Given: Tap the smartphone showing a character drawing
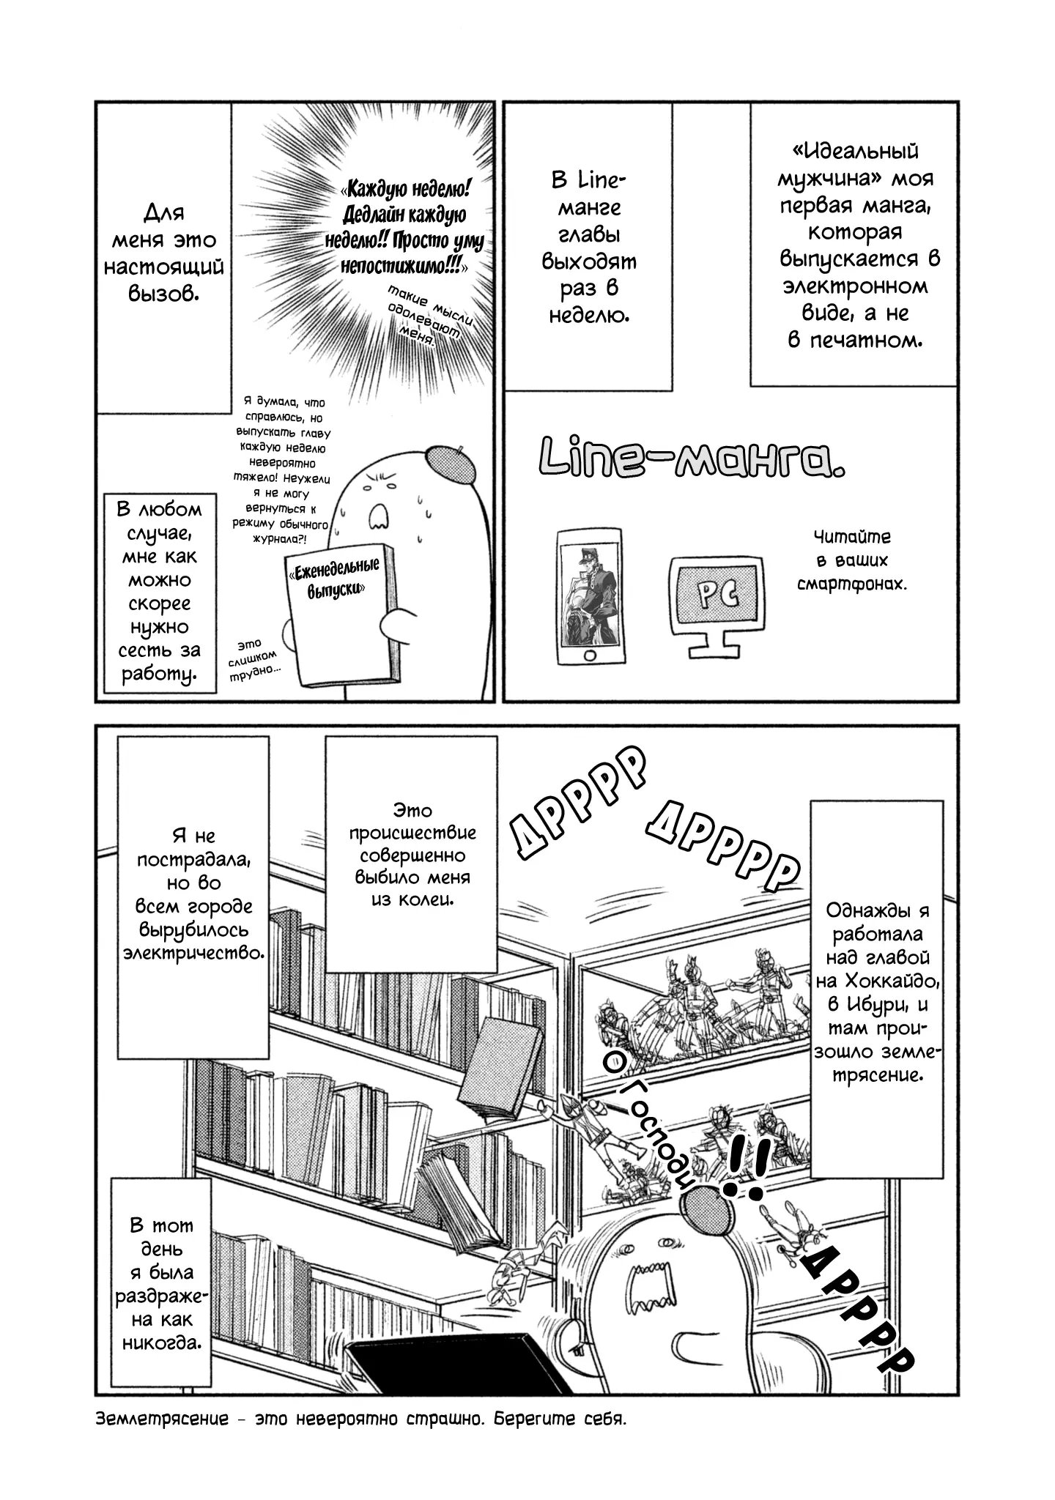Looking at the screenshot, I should [x=594, y=596].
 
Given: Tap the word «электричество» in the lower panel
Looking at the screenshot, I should [x=193, y=954].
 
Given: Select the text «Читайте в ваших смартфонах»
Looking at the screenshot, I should [x=852, y=560].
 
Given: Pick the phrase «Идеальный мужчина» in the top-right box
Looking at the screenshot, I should [x=855, y=165].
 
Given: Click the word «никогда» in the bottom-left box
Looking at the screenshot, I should [x=161, y=1344].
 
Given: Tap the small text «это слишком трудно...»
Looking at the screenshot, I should [x=251, y=660].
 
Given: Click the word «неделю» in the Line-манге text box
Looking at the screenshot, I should [x=588, y=315].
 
